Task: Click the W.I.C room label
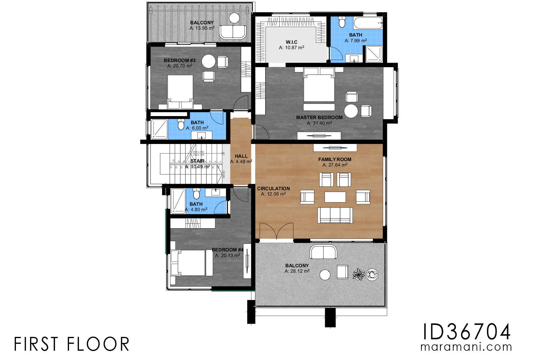click(x=291, y=42)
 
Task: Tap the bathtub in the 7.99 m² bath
click(x=368, y=23)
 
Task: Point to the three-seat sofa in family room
click(x=335, y=215)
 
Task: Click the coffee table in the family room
click(x=335, y=197)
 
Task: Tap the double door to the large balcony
click(x=276, y=231)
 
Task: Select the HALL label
click(x=241, y=156)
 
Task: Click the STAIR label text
click(x=197, y=161)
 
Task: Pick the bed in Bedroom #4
click(x=191, y=263)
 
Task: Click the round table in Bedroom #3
click(x=208, y=61)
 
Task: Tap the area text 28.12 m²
click(x=297, y=271)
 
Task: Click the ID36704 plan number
click(x=466, y=332)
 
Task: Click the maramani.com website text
click(x=466, y=347)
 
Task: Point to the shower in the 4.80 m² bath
click(x=178, y=201)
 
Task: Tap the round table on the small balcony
click(x=234, y=18)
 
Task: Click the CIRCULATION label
click(x=273, y=188)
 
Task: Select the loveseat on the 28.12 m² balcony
click(x=323, y=252)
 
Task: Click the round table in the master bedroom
click(x=351, y=111)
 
